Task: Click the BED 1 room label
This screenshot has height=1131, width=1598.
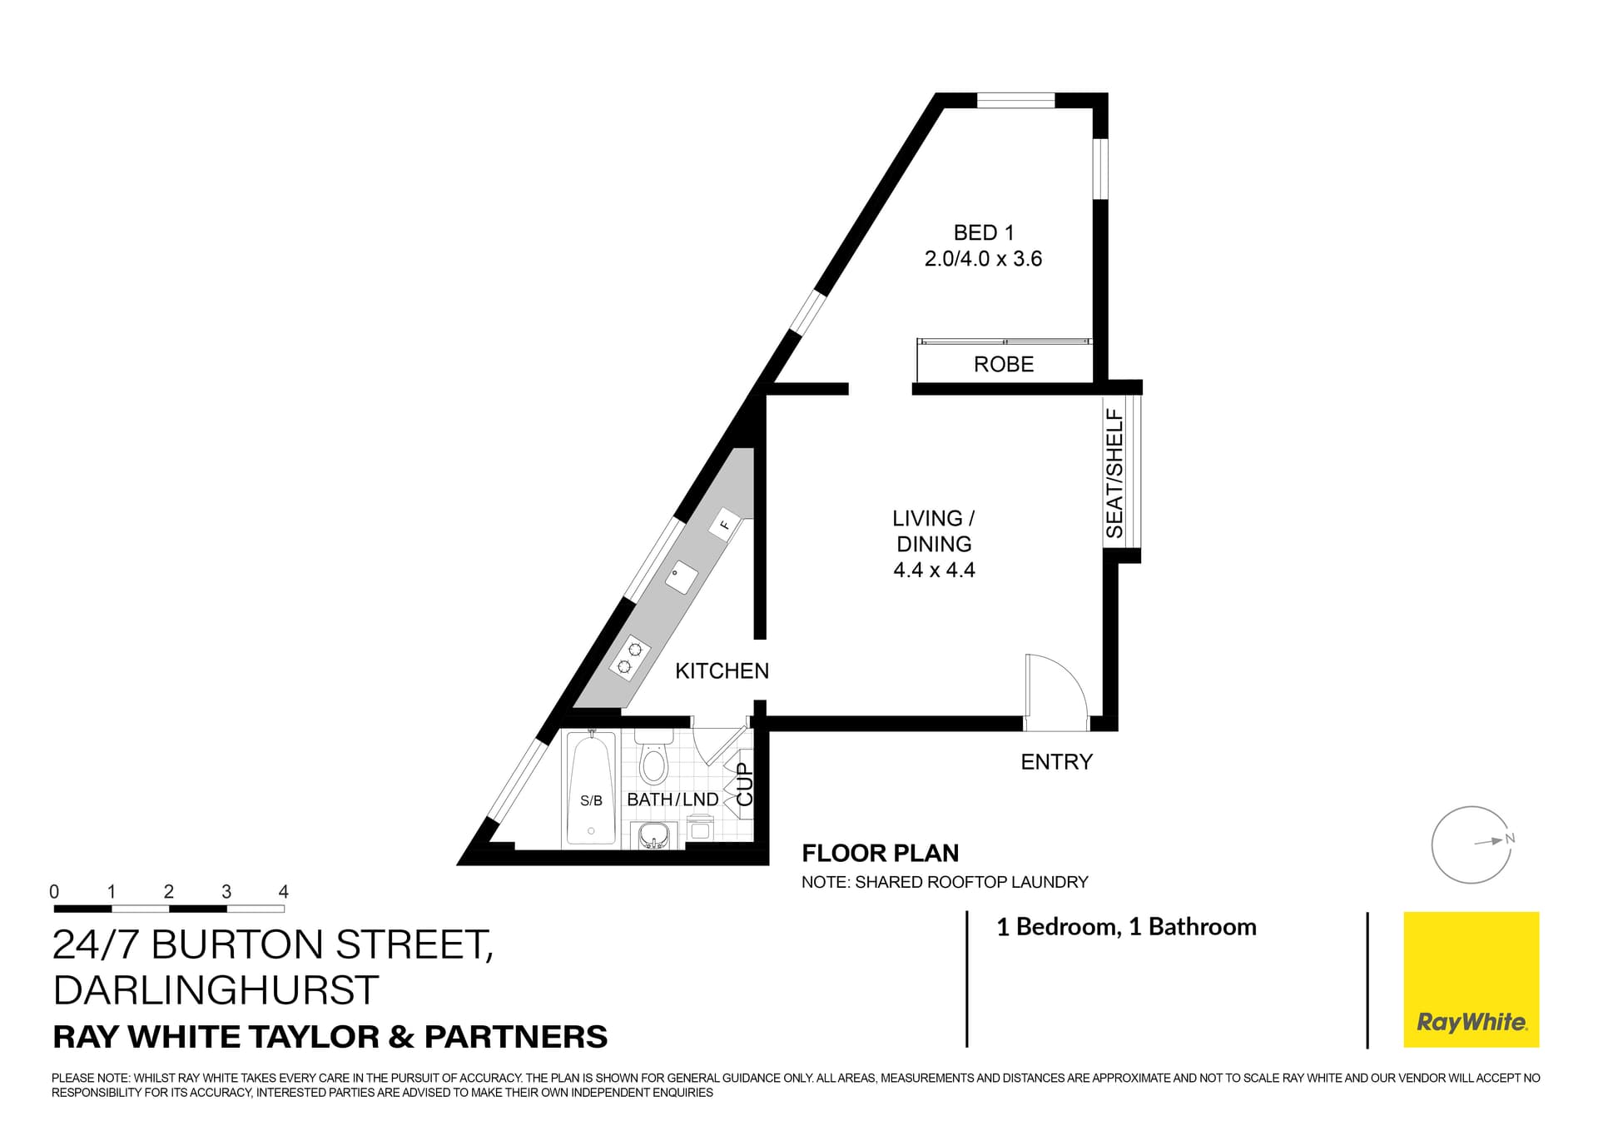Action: (983, 233)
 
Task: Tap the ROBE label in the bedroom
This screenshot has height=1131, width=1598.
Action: (1004, 364)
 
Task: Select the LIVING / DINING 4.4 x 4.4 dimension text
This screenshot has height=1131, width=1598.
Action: (934, 570)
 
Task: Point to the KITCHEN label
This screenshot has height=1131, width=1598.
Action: (722, 670)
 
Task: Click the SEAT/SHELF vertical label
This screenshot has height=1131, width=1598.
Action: (1114, 473)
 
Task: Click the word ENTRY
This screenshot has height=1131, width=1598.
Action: (1056, 761)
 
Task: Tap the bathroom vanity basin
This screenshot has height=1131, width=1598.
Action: (653, 835)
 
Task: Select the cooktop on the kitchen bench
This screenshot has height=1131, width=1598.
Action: (629, 655)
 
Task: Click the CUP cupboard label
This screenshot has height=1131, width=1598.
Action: (745, 784)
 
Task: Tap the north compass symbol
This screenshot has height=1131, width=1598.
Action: (1471, 845)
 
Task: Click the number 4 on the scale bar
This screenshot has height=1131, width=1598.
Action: (283, 891)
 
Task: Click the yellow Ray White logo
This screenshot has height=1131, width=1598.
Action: (1471, 979)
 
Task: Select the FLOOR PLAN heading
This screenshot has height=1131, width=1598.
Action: (880, 853)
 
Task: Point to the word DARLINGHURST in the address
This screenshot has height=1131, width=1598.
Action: (216, 990)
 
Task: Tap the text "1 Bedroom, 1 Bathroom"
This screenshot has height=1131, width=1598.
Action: (1126, 927)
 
